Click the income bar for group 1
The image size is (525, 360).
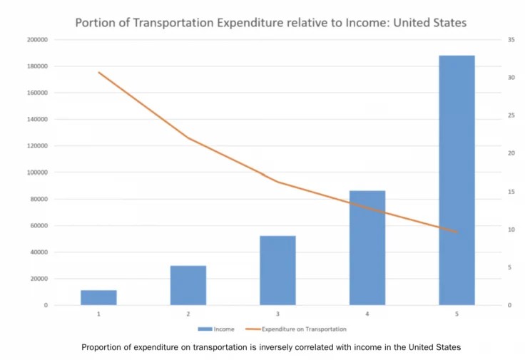tap(98, 297)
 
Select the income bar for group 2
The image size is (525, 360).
tap(188, 285)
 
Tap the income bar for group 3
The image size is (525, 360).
tap(277, 270)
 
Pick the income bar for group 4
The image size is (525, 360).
tap(367, 247)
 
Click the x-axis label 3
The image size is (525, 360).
tap(277, 314)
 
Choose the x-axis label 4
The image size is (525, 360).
tap(367, 314)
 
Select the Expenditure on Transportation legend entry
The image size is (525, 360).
tap(303, 329)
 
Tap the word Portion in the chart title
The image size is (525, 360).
tap(96, 23)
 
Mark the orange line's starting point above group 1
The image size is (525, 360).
tap(99, 73)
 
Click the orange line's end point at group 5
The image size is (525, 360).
tap(457, 232)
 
